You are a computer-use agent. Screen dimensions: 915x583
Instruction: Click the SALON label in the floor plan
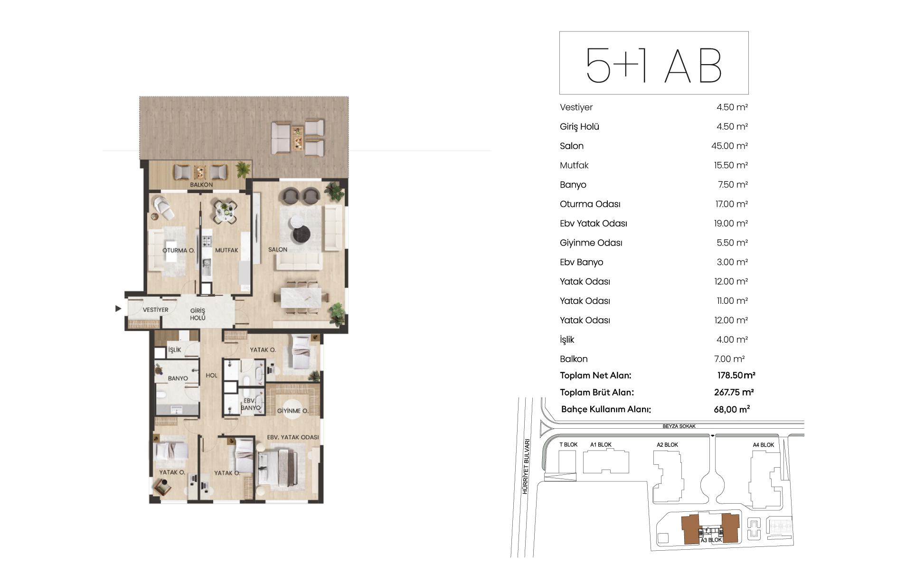[278, 250]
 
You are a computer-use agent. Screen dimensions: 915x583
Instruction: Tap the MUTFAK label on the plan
[226, 250]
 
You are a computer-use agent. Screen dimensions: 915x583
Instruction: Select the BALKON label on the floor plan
[201, 185]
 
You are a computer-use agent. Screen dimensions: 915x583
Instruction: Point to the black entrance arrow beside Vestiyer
[118, 309]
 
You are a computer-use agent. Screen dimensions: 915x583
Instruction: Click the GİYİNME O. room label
[292, 411]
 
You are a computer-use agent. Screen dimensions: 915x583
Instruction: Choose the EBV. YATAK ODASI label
[293, 437]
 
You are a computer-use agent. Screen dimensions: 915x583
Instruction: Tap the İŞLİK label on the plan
[175, 350]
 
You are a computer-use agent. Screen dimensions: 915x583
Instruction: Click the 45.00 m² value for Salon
[729, 146]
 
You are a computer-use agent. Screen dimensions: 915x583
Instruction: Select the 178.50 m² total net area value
[736, 376]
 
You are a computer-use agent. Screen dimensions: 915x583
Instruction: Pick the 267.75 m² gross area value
[734, 393]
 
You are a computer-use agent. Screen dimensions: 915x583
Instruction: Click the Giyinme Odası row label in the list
[591, 243]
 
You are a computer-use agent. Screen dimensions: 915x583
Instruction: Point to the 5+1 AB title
[654, 66]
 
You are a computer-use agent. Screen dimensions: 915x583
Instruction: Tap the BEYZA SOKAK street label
[679, 426]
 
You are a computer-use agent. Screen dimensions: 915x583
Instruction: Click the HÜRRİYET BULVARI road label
[526, 466]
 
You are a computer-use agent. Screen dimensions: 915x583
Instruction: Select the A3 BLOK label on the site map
[711, 540]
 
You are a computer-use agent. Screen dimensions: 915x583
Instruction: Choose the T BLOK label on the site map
[568, 445]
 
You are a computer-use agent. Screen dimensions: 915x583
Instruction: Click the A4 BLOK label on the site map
[764, 445]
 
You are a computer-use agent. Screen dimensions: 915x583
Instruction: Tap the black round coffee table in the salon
[301, 234]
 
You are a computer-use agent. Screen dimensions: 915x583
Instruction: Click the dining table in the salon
[301, 298]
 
